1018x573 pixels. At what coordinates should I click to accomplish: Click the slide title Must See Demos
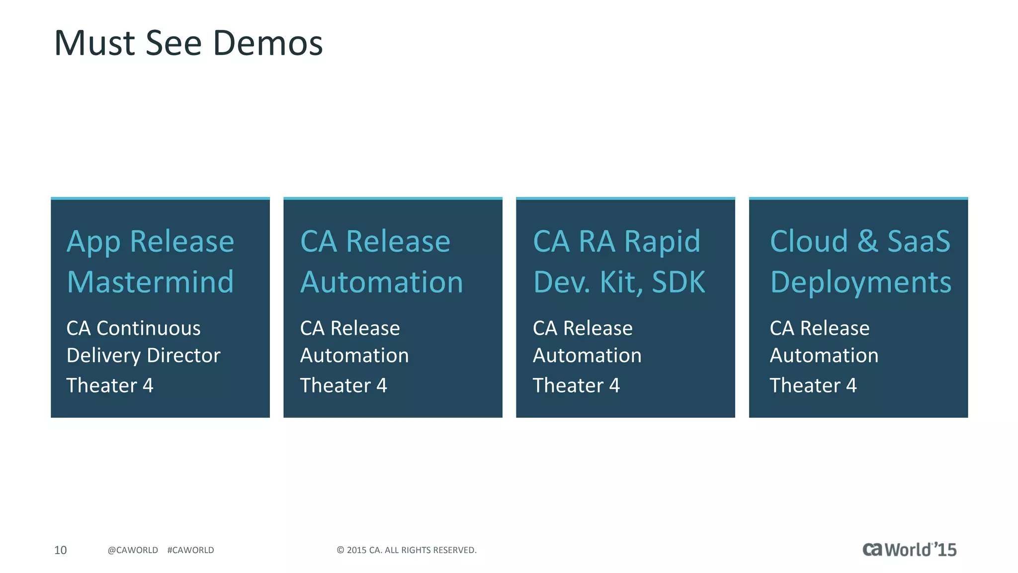[x=188, y=43]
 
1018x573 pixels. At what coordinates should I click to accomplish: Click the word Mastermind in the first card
[x=150, y=282]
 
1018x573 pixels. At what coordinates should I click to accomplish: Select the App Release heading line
[x=150, y=242]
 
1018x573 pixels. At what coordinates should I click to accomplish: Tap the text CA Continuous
[x=133, y=328]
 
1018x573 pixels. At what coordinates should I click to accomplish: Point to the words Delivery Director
[x=143, y=356]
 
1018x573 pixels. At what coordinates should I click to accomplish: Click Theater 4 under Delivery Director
[x=110, y=385]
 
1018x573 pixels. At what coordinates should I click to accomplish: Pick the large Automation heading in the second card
[x=382, y=282]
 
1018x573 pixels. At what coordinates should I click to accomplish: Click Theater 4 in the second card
[x=343, y=385]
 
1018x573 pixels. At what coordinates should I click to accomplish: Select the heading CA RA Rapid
[x=616, y=242]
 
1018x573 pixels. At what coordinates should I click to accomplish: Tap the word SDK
[x=679, y=282]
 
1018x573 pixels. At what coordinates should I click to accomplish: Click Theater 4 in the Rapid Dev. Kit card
[x=576, y=385]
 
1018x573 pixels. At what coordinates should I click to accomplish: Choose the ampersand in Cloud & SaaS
[x=867, y=242]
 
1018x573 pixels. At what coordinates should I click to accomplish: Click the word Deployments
[x=861, y=282]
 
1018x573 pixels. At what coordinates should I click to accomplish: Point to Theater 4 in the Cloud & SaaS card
[x=813, y=385]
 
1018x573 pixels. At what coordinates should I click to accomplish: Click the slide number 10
[x=60, y=550]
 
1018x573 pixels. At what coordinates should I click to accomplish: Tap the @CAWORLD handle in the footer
[x=133, y=550]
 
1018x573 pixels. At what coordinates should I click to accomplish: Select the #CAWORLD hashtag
[x=190, y=550]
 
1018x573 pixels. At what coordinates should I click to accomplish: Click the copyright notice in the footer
[x=407, y=550]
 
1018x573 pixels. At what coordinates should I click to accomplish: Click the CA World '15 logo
[x=909, y=550]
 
